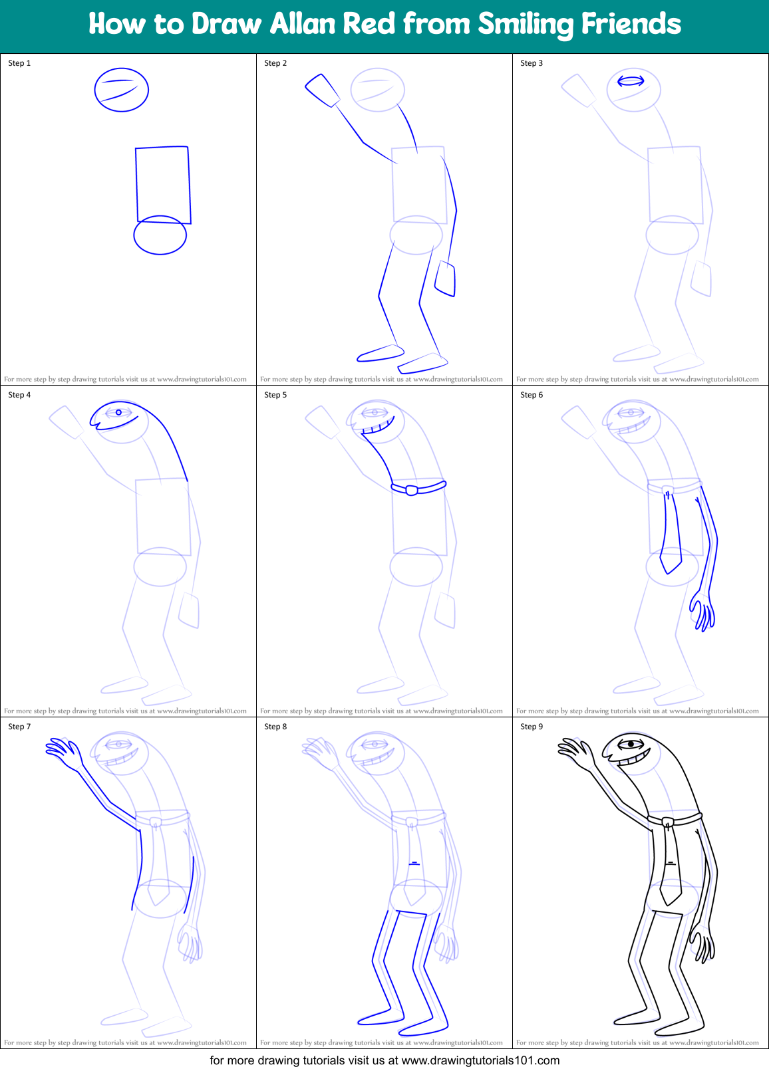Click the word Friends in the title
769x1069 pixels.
click(631, 24)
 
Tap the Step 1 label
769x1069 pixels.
click(19, 63)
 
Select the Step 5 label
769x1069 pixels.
click(275, 395)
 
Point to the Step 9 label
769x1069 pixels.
click(532, 727)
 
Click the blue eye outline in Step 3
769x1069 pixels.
click(631, 81)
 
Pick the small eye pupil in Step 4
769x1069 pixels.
click(118, 413)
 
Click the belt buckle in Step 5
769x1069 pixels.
click(412, 491)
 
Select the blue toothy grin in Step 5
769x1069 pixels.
click(379, 425)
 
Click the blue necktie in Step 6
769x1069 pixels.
click(671, 532)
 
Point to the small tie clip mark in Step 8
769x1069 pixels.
click(414, 863)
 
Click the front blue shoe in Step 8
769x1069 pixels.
click(381, 1016)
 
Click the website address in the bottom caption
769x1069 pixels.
click(480, 1060)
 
